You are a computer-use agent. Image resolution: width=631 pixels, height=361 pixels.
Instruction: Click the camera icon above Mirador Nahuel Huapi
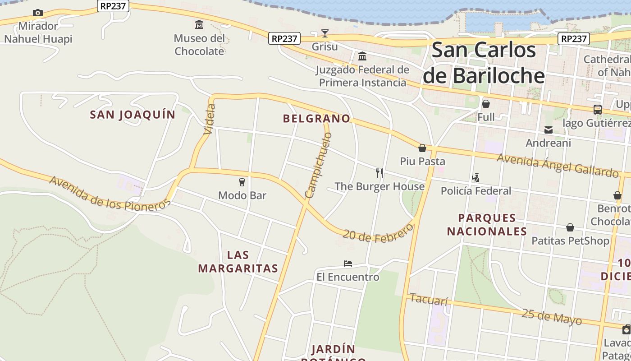click(38, 13)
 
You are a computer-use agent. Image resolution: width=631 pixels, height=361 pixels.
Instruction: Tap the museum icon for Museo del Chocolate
click(199, 24)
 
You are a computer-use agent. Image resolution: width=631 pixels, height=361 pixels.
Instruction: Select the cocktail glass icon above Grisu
click(325, 33)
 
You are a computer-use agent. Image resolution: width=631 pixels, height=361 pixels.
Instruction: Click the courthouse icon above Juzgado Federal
click(362, 56)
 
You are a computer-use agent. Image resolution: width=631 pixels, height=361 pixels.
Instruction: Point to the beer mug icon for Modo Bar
click(242, 182)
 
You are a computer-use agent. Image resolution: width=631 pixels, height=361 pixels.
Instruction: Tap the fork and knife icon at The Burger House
click(380, 173)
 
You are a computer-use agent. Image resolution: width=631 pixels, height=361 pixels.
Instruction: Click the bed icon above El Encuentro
click(348, 264)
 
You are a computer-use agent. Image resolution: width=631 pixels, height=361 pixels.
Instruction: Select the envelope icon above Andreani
click(549, 130)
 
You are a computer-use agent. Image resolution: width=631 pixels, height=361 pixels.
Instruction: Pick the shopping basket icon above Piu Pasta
click(422, 148)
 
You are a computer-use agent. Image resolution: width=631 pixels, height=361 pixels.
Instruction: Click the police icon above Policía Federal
click(476, 178)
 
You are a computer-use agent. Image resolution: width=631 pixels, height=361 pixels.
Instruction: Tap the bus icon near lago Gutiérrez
click(597, 110)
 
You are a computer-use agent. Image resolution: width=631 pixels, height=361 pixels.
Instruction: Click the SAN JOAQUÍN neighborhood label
click(133, 115)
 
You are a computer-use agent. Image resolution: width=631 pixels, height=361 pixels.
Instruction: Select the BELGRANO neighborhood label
click(316, 119)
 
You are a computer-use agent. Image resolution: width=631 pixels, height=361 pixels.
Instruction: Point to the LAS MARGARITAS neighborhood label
click(238, 262)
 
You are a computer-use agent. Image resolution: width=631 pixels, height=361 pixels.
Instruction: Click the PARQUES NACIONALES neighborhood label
click(487, 225)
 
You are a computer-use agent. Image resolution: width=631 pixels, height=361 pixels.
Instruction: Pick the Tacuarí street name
click(429, 299)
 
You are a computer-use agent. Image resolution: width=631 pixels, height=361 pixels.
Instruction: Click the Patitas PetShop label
click(570, 241)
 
